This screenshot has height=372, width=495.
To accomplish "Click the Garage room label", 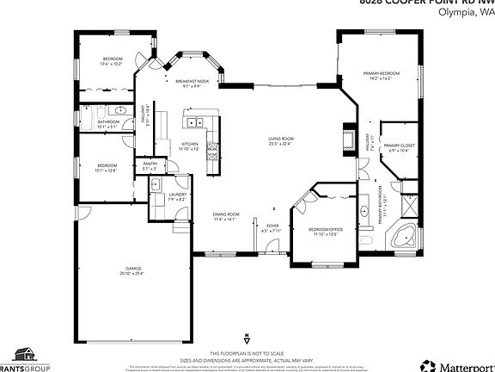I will click(132, 269).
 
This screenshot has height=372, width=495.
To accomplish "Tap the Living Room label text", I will click(281, 139).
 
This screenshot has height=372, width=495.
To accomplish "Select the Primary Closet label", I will click(399, 146).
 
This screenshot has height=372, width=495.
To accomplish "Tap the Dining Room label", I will click(226, 214).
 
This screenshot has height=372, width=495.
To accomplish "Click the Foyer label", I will click(272, 226).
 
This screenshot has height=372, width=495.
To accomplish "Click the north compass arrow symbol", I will click(247, 337).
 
